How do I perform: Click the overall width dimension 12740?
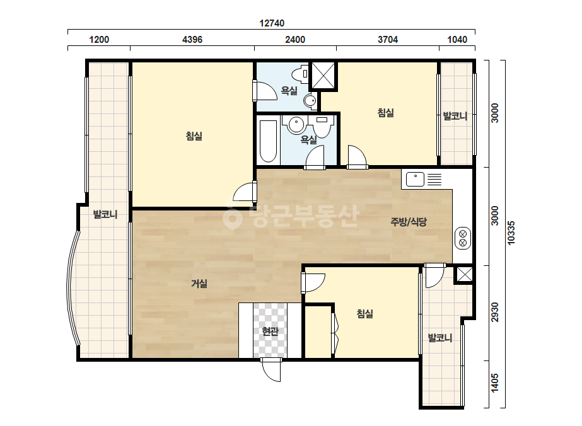[272, 23]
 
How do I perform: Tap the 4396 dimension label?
[192, 39]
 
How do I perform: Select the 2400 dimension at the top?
[295, 39]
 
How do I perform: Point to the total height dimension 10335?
[511, 233]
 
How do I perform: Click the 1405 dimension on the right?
[495, 383]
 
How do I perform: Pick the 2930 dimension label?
[495, 312]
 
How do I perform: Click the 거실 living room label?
[199, 284]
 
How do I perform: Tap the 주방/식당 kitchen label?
[409, 222]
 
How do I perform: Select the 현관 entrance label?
[270, 331]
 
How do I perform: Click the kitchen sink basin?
[415, 180]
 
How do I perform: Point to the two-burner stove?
[463, 238]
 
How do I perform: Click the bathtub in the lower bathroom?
[268, 141]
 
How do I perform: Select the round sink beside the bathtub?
[296, 124]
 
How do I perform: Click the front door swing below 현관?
[271, 370]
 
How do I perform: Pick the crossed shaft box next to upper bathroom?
[323, 76]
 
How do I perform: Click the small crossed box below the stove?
[464, 275]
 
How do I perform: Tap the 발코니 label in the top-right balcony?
[455, 116]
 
